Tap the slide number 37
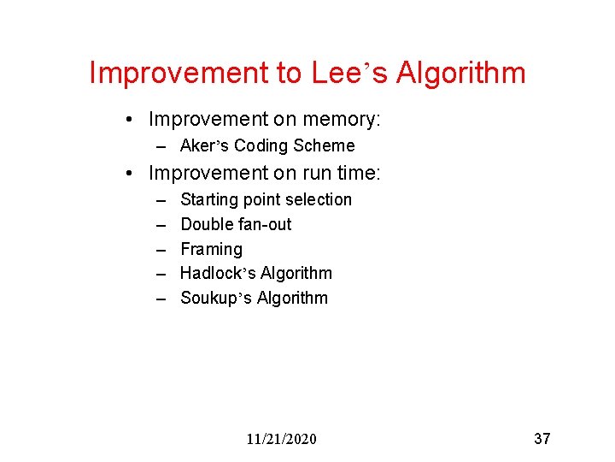click(542, 439)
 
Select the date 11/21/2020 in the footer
click(281, 439)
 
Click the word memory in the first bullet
click(337, 119)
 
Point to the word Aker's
click(204, 145)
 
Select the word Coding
click(261, 145)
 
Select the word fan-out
click(267, 224)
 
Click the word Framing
click(212, 249)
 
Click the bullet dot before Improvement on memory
click(126, 120)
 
